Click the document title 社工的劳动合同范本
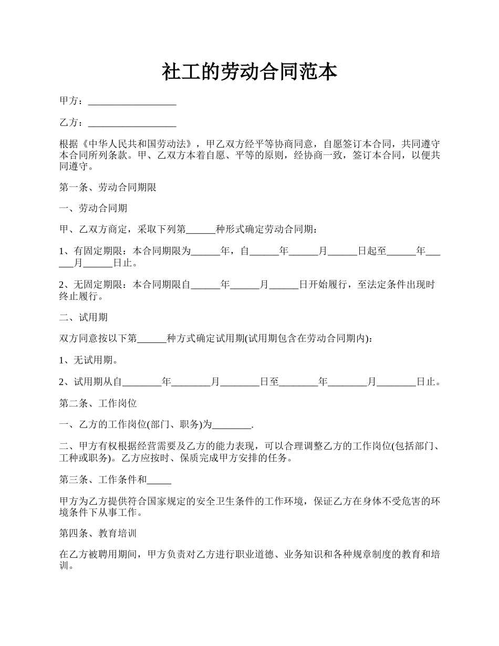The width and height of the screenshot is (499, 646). pyautogui.click(x=249, y=72)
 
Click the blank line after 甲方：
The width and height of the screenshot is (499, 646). pyautogui.click(x=132, y=101)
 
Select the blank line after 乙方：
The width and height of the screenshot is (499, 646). pyautogui.click(x=132, y=123)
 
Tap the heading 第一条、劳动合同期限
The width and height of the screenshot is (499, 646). pyautogui.click(x=108, y=187)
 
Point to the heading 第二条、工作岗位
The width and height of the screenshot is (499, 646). pyautogui.click(x=98, y=403)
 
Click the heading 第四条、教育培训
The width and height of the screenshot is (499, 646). pyautogui.click(x=98, y=534)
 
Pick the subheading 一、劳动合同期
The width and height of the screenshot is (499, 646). pyautogui.click(x=93, y=209)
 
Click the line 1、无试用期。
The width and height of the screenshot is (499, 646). pyautogui.click(x=88, y=360)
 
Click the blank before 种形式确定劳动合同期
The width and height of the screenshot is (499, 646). pyautogui.click(x=201, y=230)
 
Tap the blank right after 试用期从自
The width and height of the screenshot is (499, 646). pyautogui.click(x=142, y=382)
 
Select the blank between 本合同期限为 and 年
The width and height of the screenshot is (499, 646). pyautogui.click(x=205, y=251)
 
